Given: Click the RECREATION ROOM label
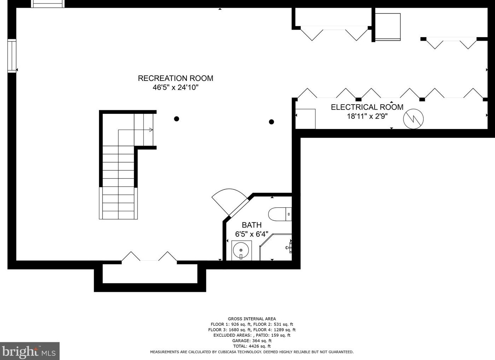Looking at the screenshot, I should (175, 78).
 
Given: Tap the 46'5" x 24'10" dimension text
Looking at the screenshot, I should (175, 87).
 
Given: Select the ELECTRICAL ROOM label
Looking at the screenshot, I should (367, 107).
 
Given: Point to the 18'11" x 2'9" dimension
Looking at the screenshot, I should (367, 116).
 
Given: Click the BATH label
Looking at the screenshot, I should (252, 225).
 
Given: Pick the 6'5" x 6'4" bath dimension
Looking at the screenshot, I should (252, 234).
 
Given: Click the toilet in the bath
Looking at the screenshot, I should (279, 214).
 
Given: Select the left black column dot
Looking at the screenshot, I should (176, 119).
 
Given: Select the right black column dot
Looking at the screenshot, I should (271, 122).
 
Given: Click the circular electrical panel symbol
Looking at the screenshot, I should (413, 119).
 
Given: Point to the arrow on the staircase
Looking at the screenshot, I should (151, 130).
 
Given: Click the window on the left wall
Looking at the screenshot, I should (12, 56).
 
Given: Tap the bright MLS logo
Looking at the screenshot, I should (29, 351).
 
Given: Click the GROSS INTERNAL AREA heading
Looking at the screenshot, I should (252, 319).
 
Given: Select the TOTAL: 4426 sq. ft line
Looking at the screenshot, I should (252, 346).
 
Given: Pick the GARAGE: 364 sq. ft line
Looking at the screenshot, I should (252, 341).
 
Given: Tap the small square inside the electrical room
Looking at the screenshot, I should (305, 119).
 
